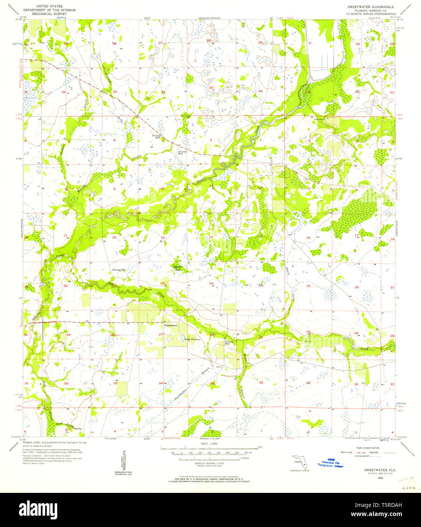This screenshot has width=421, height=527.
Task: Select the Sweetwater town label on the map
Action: [x=170, y=325]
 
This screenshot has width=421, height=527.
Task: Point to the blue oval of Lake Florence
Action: [x=182, y=337]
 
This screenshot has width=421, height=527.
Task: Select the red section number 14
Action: [x=211, y=237]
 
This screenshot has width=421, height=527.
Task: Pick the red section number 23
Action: [x=211, y=284]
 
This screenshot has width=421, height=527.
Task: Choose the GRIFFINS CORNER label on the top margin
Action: [x=209, y=18]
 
